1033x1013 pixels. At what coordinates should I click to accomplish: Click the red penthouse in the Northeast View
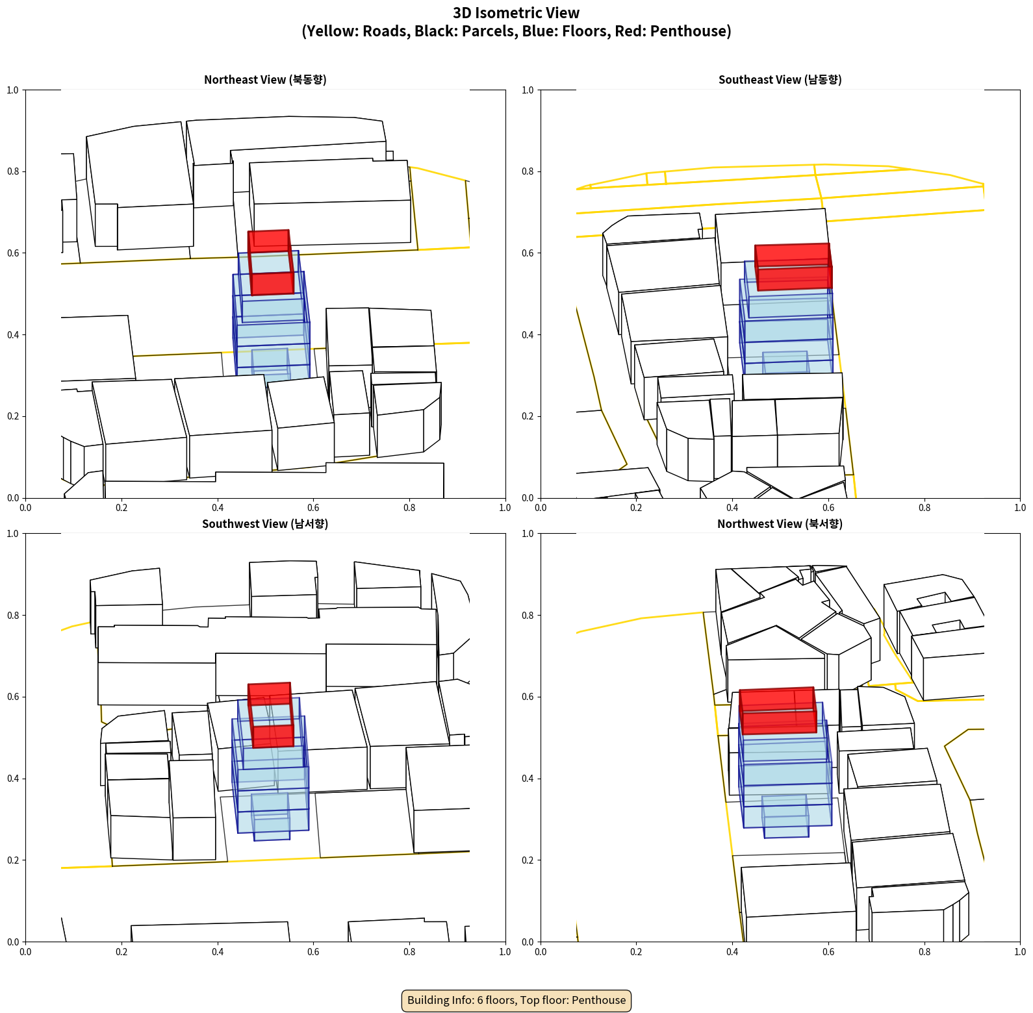tap(271, 262)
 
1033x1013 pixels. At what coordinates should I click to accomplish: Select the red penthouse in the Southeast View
tap(793, 267)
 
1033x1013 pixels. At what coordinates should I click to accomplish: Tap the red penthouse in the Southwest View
tap(271, 715)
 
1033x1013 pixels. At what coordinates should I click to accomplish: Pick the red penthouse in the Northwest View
tap(778, 711)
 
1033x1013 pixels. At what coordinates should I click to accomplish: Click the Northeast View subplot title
tap(265, 80)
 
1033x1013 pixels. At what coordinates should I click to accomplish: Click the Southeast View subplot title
tap(780, 80)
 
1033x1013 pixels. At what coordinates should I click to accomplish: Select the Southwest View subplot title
tap(265, 524)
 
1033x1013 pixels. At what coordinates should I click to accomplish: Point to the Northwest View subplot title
tap(780, 524)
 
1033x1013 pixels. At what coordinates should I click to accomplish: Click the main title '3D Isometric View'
tap(516, 13)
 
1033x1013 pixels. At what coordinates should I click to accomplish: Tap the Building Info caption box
tap(516, 1000)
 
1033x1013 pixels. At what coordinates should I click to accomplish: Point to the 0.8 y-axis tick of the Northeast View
tap(13, 171)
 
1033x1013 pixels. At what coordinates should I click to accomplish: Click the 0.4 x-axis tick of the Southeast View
tap(732, 508)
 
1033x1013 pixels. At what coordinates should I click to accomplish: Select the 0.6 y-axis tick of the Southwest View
tap(13, 697)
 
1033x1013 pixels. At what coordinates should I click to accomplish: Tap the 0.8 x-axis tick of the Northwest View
tap(925, 952)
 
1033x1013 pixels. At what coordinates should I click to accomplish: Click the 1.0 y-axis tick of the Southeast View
tap(528, 90)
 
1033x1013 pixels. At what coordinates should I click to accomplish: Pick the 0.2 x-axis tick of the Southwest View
tap(121, 952)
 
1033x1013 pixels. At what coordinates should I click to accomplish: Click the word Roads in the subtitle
tap(386, 31)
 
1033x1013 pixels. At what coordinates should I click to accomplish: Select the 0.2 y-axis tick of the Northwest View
tap(528, 860)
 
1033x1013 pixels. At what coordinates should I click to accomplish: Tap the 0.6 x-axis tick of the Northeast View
tap(313, 508)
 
